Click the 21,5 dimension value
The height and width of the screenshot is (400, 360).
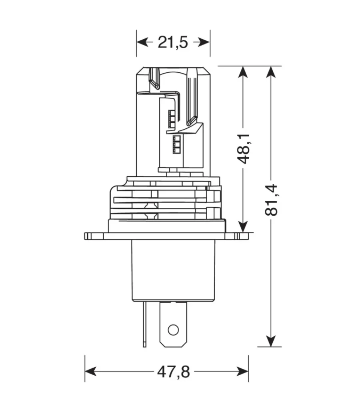pyautogui.click(x=173, y=42)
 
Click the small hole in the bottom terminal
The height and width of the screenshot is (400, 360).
pyautogui.click(x=173, y=330)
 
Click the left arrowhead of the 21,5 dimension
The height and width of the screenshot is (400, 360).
pyautogui.click(x=142, y=42)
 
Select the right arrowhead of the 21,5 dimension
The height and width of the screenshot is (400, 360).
pyautogui.click(x=204, y=42)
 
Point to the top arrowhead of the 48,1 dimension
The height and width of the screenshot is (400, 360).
pyautogui.click(x=243, y=72)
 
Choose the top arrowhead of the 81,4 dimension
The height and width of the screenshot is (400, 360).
pyautogui.click(x=271, y=72)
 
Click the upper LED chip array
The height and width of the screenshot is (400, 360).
pyautogui.click(x=171, y=119)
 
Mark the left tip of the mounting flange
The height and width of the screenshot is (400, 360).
pyautogui.click(x=86, y=236)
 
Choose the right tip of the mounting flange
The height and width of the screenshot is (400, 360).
pyautogui.click(x=247, y=236)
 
